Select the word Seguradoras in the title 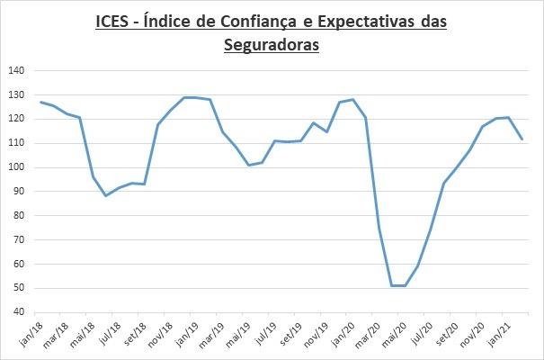[272, 43]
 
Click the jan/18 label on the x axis [31, 332]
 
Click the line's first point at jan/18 [41, 102]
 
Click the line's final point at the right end [522, 139]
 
